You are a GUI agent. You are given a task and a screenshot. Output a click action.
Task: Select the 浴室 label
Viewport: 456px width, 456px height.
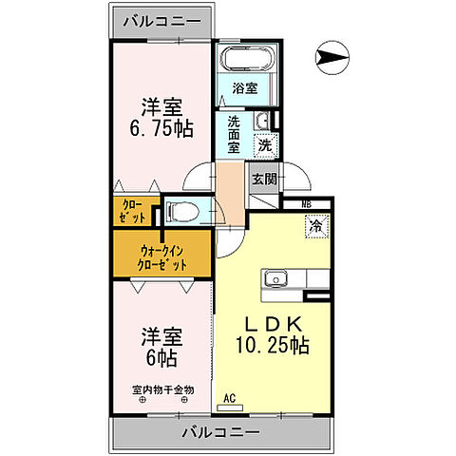(245, 88)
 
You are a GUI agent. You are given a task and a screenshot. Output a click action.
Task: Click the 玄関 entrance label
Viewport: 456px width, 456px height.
(264, 178)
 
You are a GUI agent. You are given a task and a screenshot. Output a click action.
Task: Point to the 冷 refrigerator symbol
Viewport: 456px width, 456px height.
(314, 227)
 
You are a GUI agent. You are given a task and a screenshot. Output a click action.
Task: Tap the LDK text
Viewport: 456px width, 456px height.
(274, 319)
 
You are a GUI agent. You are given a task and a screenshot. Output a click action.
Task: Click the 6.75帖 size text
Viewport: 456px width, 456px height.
(161, 128)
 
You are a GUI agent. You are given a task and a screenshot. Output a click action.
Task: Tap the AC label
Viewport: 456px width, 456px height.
(228, 398)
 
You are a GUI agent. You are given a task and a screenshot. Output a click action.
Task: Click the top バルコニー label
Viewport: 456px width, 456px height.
(160, 19)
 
